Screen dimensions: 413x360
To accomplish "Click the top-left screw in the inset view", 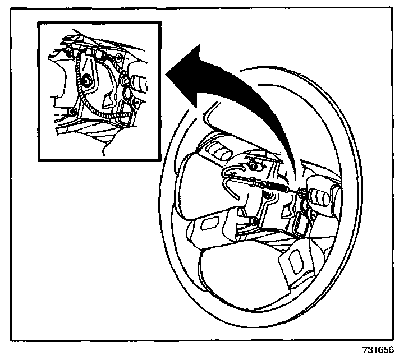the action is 69,52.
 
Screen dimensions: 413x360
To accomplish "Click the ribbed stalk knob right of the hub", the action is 320,198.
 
